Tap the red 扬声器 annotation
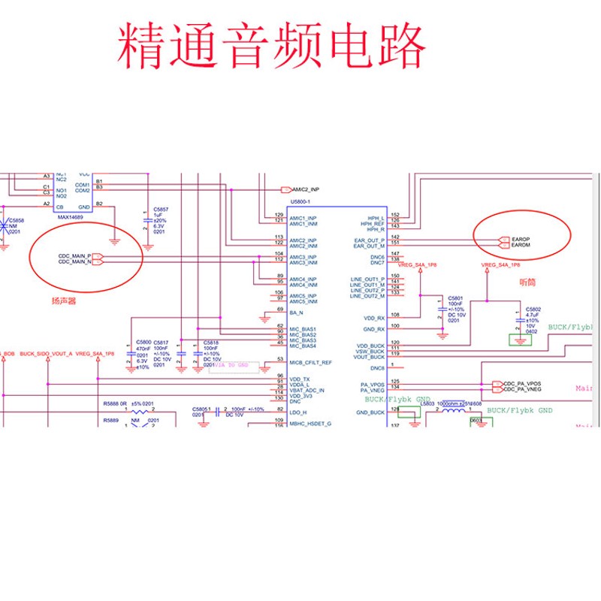[x=63, y=300]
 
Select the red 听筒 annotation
[x=529, y=282]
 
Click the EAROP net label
[x=521, y=239]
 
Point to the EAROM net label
[x=521, y=246]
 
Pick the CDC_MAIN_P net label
[x=74, y=255]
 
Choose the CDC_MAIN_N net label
[x=74, y=262]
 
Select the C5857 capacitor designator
[x=161, y=209]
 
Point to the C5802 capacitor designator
[x=533, y=309]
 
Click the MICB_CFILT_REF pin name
[x=310, y=362]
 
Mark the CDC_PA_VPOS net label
[x=522, y=384]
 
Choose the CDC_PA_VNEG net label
[x=522, y=390]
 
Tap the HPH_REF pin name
[x=373, y=223]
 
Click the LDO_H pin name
[x=298, y=412]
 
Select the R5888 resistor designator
[x=111, y=404]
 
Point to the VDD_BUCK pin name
[x=370, y=346]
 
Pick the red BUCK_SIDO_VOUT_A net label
[x=46, y=353]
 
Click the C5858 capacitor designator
[x=17, y=220]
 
